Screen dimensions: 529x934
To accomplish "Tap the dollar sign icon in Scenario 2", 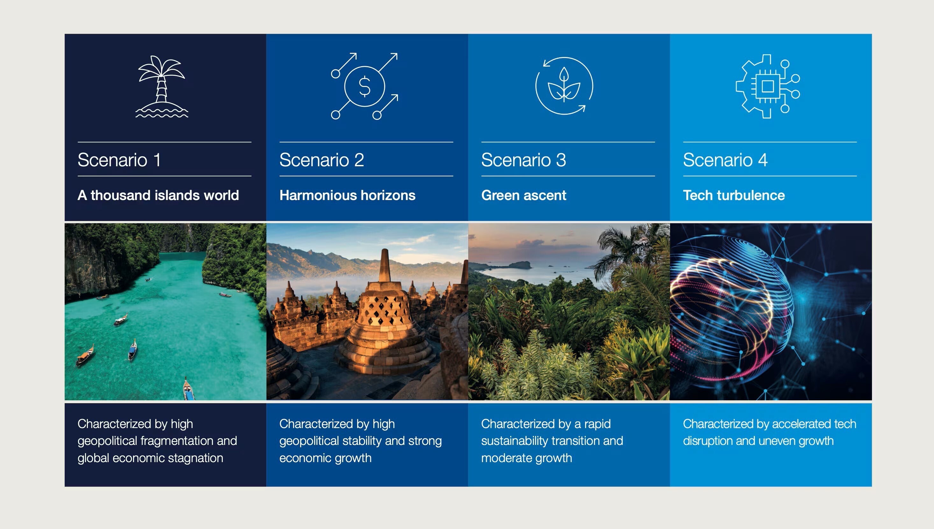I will tap(364, 86).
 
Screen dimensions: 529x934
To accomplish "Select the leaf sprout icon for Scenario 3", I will tap(564, 86).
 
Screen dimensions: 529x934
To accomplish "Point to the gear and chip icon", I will tap(767, 86).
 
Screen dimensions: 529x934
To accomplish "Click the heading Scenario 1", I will tap(119, 160).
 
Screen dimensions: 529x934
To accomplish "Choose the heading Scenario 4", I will tap(725, 160).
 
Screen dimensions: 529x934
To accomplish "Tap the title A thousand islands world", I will tap(158, 196).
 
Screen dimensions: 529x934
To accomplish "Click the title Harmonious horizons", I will tap(347, 196).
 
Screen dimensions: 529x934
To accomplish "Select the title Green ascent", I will tap(523, 196).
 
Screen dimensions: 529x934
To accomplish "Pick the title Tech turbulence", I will tap(733, 196).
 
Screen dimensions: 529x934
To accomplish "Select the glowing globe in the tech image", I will tap(730, 309).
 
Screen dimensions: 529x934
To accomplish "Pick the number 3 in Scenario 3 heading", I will tap(561, 160).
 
